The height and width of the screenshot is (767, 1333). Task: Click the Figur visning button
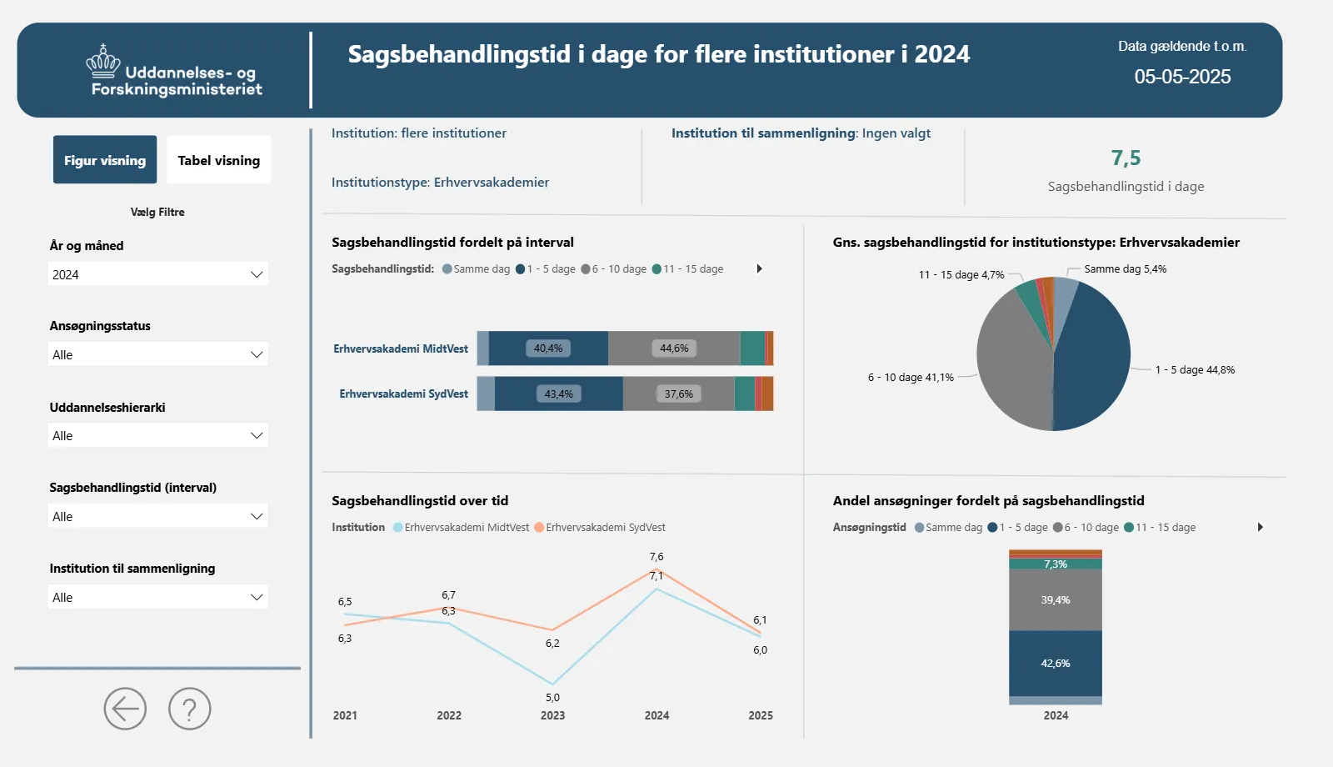(x=105, y=160)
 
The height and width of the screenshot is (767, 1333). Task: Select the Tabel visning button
(x=218, y=160)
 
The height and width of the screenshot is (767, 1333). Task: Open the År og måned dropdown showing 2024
(x=158, y=274)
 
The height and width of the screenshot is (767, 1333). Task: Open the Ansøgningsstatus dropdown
(x=158, y=354)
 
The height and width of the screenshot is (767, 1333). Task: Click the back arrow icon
(x=125, y=709)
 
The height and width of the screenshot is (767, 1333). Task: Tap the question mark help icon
(x=190, y=709)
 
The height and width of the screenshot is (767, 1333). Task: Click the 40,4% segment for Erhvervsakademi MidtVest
(x=548, y=348)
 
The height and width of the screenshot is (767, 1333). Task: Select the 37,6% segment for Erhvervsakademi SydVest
(x=678, y=394)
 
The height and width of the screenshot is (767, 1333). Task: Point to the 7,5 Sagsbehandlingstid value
(x=1126, y=158)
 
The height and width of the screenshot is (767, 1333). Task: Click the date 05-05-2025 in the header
(x=1182, y=77)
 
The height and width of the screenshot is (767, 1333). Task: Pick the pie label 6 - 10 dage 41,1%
(x=911, y=378)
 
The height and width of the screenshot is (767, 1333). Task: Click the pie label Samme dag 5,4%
(x=1125, y=269)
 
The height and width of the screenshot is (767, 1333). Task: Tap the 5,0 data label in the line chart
(x=552, y=698)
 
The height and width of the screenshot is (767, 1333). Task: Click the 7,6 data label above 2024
(x=657, y=557)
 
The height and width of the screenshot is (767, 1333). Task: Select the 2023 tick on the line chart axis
(x=552, y=715)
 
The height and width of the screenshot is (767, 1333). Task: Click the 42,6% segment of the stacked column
(x=1056, y=664)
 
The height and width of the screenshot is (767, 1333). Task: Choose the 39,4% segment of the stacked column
(x=1056, y=600)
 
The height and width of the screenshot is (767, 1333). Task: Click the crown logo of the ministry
(x=103, y=62)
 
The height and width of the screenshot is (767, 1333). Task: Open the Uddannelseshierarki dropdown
(x=158, y=435)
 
